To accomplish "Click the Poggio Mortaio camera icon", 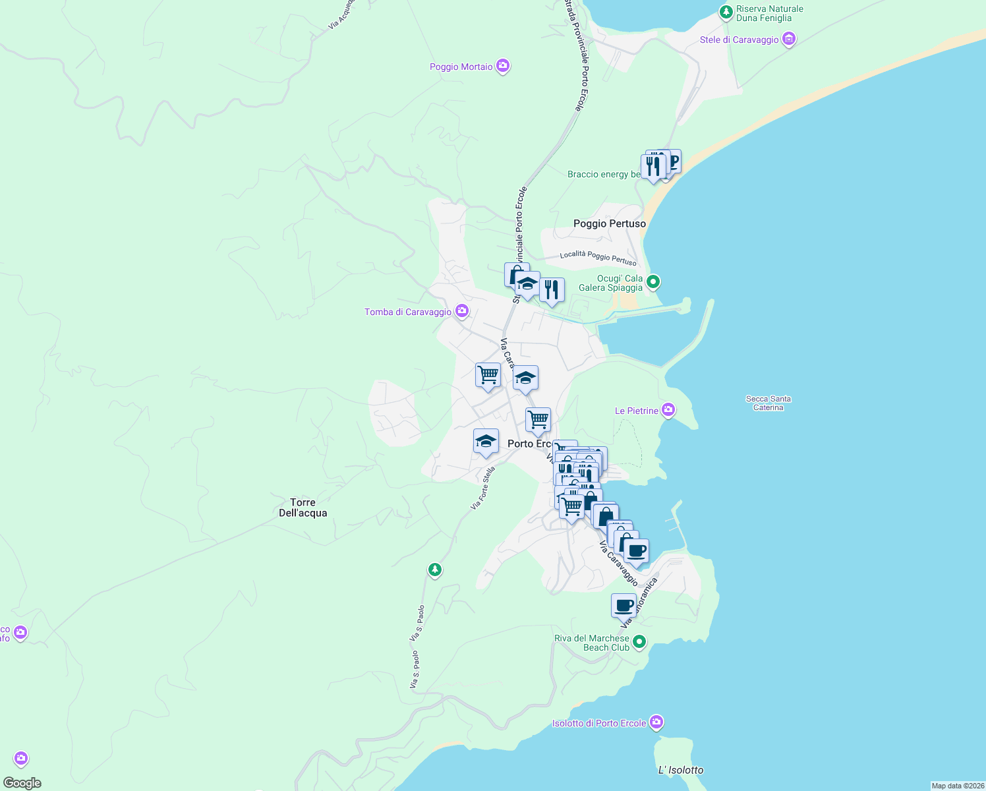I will (x=503, y=66).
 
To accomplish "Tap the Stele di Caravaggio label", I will (x=739, y=40).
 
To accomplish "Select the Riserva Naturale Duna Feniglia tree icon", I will (x=726, y=12).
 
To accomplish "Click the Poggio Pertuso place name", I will (x=610, y=223).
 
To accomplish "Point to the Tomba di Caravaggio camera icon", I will (x=462, y=310).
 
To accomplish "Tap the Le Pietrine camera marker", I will (x=668, y=410).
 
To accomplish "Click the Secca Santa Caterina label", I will (x=768, y=403).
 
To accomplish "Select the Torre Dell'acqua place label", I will (x=303, y=508).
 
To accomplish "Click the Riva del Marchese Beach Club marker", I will (x=639, y=641).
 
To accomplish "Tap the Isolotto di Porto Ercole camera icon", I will (x=656, y=722).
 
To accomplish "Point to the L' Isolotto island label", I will (x=681, y=770).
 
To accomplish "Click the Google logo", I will (x=22, y=783).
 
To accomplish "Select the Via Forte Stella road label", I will (x=483, y=488).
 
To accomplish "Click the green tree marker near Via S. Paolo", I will (x=434, y=569).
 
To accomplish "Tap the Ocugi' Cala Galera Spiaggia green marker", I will (x=652, y=282).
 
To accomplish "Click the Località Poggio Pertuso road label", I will (x=598, y=257).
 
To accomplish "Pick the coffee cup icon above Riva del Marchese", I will (x=623, y=604).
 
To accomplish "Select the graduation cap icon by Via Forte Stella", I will (x=486, y=441).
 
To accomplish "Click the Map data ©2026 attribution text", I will (x=957, y=786).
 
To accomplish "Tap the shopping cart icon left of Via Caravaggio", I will (x=488, y=375).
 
